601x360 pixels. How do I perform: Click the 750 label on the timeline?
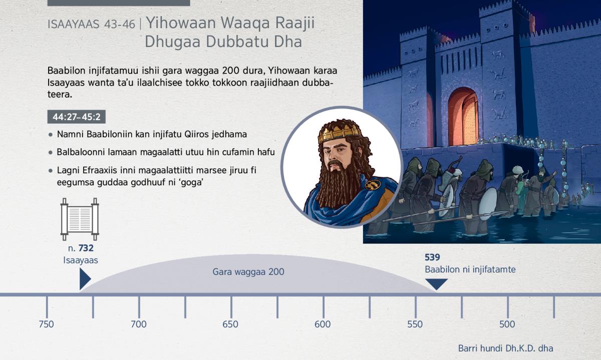(46, 324)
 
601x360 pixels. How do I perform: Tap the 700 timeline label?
(138, 324)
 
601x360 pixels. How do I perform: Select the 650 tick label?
(230, 324)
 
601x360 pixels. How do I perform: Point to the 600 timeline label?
(323, 324)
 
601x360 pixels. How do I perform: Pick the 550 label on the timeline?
(415, 324)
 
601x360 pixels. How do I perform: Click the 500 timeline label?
(507, 324)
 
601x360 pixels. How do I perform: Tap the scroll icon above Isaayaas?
(80, 219)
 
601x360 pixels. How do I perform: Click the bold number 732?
(86, 248)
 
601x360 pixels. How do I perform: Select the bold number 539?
(432, 257)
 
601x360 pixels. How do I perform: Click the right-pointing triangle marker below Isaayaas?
(85, 279)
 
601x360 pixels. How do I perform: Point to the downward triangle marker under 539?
(437, 284)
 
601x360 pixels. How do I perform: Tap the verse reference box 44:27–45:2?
(77, 117)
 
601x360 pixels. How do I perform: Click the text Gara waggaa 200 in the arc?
(248, 272)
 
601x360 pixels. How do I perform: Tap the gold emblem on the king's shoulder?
(373, 184)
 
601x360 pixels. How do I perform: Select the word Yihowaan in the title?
(181, 23)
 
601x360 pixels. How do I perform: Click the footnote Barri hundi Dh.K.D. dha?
(505, 348)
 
